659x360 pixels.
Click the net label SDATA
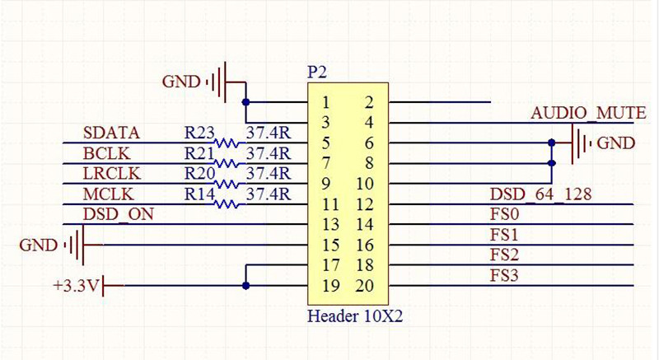click(111, 133)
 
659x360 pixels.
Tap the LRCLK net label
click(113, 174)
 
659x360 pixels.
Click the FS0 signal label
click(504, 214)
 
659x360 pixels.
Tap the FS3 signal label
click(504, 275)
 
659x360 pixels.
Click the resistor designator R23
click(199, 133)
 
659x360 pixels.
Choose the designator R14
click(199, 194)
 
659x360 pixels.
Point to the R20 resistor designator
click(199, 174)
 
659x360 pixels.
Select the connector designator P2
click(317, 72)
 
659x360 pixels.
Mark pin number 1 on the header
click(327, 103)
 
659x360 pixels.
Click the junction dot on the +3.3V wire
click(245, 286)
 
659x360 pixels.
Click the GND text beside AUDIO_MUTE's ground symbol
click(616, 143)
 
